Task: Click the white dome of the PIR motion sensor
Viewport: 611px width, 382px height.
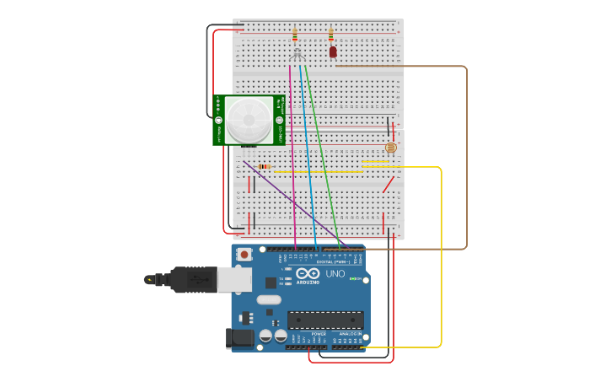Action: [248, 119]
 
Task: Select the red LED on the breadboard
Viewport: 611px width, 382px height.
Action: [333, 51]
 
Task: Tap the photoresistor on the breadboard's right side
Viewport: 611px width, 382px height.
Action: [390, 148]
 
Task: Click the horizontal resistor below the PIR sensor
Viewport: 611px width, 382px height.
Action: [264, 166]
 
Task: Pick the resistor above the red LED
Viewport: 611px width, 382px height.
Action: [330, 35]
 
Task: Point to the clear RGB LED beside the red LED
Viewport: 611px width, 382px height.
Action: [297, 54]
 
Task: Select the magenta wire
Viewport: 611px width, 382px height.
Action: [292, 152]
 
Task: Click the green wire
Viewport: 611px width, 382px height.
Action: [321, 152]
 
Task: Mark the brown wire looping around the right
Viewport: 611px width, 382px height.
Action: [466, 160]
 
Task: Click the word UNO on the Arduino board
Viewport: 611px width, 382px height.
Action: [335, 273]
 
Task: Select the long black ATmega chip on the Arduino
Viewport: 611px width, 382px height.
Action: [325, 320]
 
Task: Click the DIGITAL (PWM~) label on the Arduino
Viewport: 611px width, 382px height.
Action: [332, 262]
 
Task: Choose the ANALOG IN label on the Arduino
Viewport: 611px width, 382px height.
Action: [350, 334]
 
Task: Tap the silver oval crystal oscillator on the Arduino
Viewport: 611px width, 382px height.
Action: [269, 299]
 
